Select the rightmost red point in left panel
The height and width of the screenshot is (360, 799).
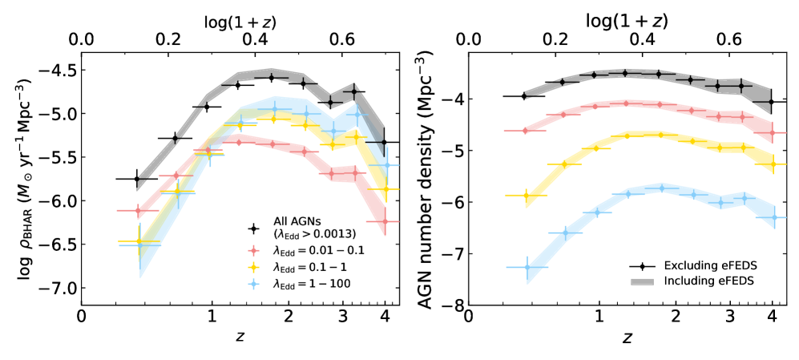[385, 221]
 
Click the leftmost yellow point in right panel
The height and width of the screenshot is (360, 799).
[527, 196]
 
